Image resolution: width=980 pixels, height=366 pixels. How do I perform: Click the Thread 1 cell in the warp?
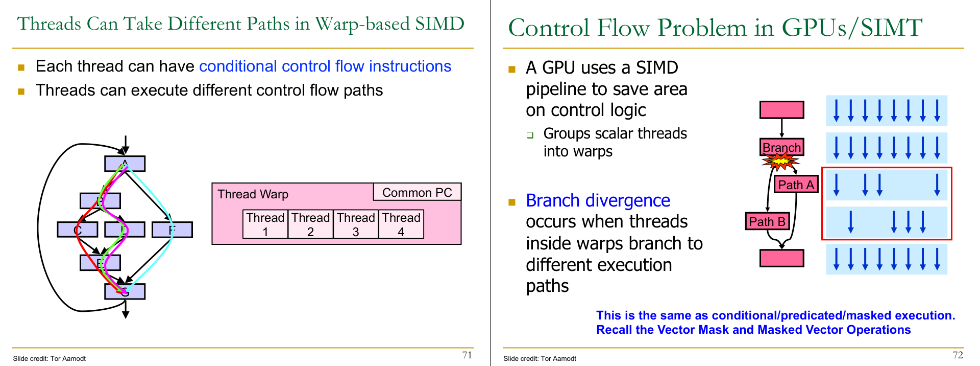click(x=265, y=224)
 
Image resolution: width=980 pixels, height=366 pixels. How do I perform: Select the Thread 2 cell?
click(x=310, y=224)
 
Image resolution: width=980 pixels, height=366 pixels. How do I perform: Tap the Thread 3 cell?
click(x=356, y=224)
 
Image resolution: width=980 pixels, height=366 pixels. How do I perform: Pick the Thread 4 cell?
click(x=401, y=224)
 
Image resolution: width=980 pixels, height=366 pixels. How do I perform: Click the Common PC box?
click(x=417, y=192)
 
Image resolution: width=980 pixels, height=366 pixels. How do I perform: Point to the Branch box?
click(x=781, y=147)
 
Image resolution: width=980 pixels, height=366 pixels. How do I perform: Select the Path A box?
click(x=796, y=185)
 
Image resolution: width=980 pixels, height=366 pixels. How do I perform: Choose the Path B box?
click(x=767, y=221)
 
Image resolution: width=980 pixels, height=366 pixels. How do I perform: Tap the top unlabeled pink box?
click(x=781, y=110)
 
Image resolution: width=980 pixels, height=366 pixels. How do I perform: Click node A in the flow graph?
click(x=125, y=164)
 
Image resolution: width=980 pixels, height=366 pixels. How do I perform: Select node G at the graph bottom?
click(x=125, y=291)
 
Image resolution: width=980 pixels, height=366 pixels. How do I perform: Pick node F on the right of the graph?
click(x=172, y=230)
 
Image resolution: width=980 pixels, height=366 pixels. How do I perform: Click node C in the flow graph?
click(x=78, y=230)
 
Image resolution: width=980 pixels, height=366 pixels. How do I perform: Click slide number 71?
click(x=467, y=355)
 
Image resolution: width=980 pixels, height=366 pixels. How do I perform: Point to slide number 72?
click(x=958, y=355)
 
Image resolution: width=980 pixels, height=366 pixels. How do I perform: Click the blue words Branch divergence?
click(x=598, y=200)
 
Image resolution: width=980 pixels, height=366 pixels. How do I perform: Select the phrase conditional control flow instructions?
click(x=325, y=66)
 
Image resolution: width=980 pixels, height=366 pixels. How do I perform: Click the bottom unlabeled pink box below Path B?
click(x=781, y=258)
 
